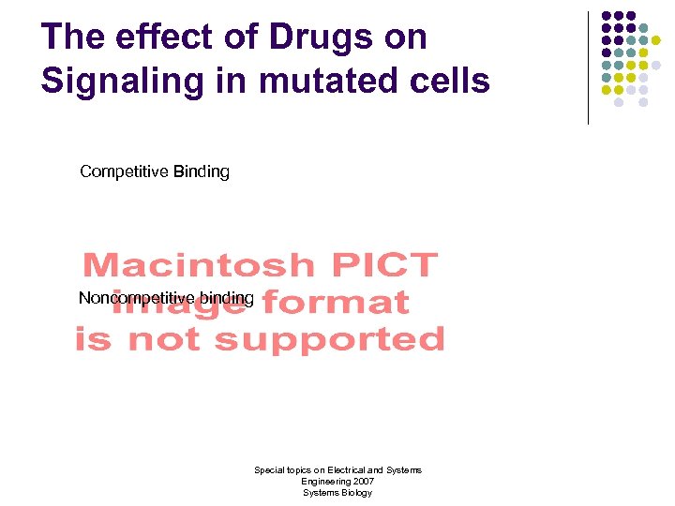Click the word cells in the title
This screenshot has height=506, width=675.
[x=448, y=81]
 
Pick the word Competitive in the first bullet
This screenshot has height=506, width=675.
[x=123, y=171]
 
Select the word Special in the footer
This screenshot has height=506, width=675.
[x=270, y=469]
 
